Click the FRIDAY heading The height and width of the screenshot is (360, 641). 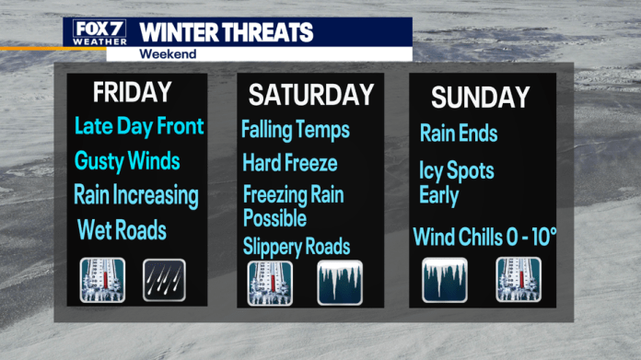tap(132, 92)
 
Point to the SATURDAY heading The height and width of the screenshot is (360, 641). tap(310, 95)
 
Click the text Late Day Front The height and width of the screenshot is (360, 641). tap(139, 126)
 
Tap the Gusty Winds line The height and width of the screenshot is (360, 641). tap(127, 161)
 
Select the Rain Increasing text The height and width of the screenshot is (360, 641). tap(136, 195)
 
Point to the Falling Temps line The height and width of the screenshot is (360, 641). tap(295, 130)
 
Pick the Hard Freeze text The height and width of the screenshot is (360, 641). tap(289, 164)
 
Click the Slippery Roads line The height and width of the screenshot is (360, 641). tap(296, 246)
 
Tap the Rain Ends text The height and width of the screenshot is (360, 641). tap(459, 134)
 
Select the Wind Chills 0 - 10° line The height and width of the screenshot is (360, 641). tap(484, 237)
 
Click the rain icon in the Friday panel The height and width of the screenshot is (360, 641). tap(164, 281)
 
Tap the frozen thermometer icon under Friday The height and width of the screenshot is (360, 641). tap(102, 281)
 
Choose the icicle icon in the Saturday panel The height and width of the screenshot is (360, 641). tap(340, 283)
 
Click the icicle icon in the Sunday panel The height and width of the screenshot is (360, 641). tap(445, 280)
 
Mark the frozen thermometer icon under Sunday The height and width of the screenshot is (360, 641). tap(519, 280)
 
